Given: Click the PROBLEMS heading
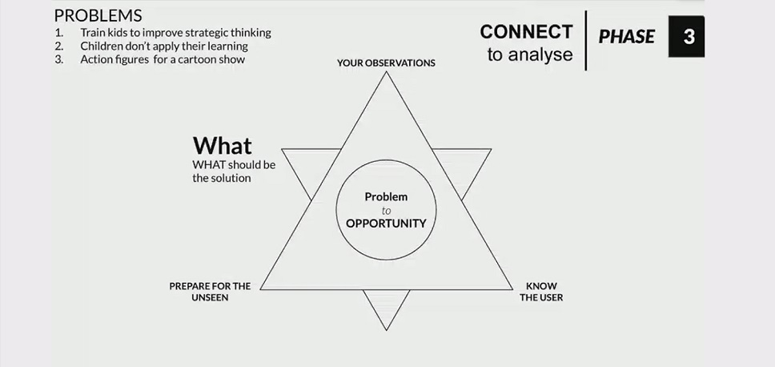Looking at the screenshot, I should pos(98,15).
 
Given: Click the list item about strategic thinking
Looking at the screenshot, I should pos(175,33).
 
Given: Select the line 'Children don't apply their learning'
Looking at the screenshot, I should pos(164,46).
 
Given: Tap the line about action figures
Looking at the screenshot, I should pos(163,59).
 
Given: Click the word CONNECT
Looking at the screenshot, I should pos(526,32).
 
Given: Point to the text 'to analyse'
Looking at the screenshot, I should pos(530,55).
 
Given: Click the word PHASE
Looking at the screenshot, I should pos(626,37).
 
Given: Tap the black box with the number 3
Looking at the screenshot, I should pos(687,36).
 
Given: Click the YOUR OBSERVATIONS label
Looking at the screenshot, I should pos(386,63).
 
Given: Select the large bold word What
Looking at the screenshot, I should pos(222,145).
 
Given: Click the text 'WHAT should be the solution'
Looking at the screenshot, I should pos(234,171).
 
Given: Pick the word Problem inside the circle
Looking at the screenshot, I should pos(386,196).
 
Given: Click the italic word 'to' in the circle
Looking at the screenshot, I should pos(387,211).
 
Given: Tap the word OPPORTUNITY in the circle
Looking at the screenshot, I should pos(386,224).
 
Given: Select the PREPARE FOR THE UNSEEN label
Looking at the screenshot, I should pos(210,292).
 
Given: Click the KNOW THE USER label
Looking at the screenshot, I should pos(541,292).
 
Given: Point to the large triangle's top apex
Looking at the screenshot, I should pos(386,73).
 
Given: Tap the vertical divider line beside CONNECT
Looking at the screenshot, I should pos(586,40).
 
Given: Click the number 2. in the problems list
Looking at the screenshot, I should pos(59,46).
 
